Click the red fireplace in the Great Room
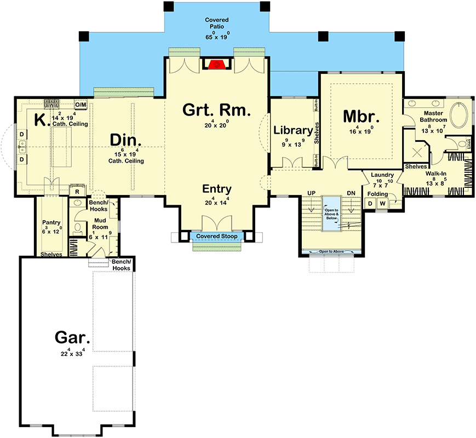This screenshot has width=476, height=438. (217, 64)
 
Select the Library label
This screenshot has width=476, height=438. (293, 130)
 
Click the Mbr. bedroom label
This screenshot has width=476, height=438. (360, 117)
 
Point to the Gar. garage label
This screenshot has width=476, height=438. (72, 337)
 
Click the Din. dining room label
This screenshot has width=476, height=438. (126, 139)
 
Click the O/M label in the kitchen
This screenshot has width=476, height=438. (80, 104)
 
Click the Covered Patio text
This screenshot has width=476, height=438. (217, 23)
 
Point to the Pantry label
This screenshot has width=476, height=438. (51, 222)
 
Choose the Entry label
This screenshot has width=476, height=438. (216, 189)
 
